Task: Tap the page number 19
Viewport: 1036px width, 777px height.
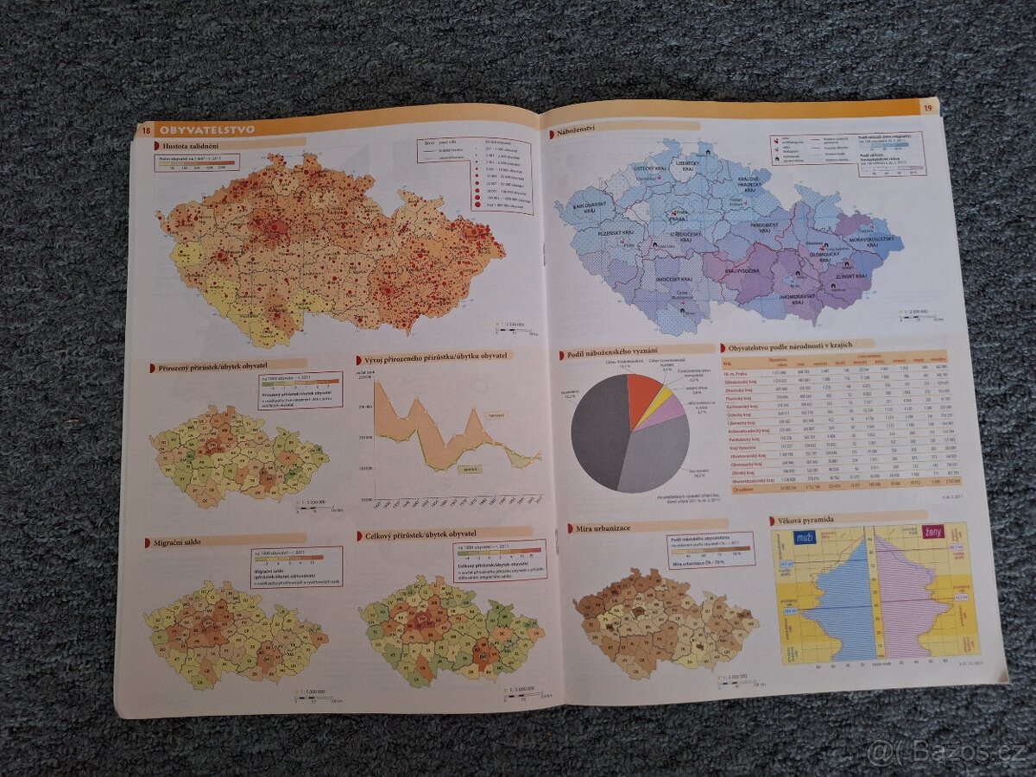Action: [927, 108]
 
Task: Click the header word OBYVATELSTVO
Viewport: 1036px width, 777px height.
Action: [207, 129]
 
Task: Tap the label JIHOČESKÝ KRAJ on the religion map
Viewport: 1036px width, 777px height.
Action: [673, 279]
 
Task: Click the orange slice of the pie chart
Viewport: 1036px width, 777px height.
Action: [642, 393]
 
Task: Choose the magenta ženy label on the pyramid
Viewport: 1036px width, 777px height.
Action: [932, 532]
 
